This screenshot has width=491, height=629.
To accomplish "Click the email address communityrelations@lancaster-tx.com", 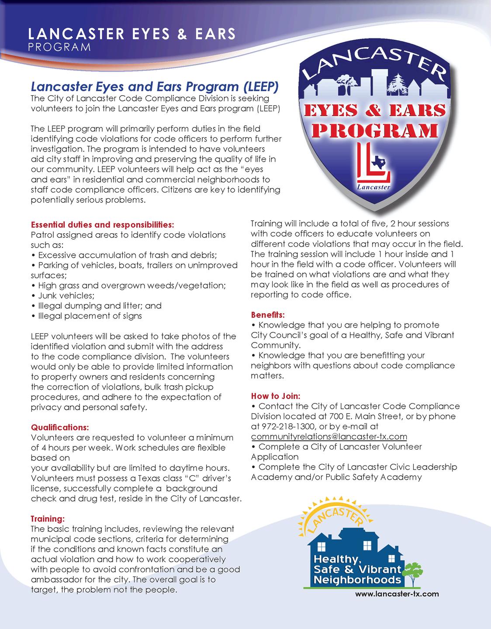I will (329, 436).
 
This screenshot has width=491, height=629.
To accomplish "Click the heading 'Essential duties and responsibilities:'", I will (103, 225).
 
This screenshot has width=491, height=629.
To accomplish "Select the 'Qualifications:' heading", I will (60, 427).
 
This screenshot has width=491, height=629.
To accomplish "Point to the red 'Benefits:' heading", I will (268, 315).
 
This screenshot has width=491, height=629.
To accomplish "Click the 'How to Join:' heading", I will (275, 396).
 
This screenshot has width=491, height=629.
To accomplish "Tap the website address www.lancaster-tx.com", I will (397, 594).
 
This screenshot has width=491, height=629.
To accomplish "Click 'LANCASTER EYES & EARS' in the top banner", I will (131, 34).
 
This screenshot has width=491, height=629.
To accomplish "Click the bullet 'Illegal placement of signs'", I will (90, 316).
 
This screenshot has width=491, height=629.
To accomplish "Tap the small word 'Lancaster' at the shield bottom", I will (374, 187).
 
